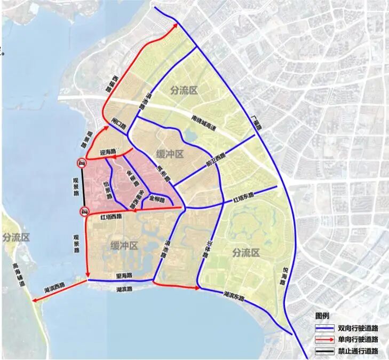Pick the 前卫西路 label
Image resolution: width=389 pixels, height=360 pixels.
pos(215,161)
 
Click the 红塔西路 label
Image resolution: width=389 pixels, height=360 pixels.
pos(111,217)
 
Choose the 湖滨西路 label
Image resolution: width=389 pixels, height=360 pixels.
pos(56,289)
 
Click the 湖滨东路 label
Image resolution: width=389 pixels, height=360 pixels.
pos(234,294)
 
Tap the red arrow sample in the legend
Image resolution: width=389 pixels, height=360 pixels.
pos(325,340)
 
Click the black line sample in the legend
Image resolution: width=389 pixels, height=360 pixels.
pos(325,351)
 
